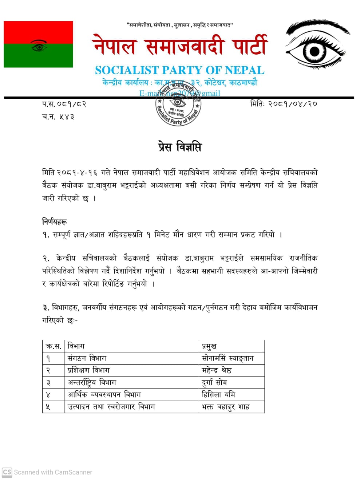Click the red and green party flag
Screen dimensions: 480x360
[38, 44]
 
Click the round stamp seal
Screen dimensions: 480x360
[178, 104]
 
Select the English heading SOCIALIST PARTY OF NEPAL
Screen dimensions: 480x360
[179, 70]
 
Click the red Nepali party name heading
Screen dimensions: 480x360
[180, 46]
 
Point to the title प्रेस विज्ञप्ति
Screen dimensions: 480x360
[179, 147]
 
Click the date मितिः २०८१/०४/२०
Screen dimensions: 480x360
[284, 104]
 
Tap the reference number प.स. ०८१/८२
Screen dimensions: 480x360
[64, 104]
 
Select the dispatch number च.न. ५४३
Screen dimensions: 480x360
[58, 117]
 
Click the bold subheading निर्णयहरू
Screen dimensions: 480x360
[55, 221]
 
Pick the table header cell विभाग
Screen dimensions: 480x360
[76, 346]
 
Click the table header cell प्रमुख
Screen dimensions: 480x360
[209, 346]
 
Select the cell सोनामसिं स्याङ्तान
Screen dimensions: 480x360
[228, 358]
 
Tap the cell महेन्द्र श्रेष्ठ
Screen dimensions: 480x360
[217, 370]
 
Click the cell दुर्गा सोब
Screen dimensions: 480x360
[214, 382]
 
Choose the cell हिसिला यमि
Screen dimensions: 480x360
[218, 394]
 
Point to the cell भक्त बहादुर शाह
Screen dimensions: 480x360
[226, 407]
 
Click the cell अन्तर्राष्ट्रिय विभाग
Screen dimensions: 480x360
[92, 382]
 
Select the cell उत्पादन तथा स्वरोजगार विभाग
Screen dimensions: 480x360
[111, 407]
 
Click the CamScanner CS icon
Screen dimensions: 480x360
[7, 472]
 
